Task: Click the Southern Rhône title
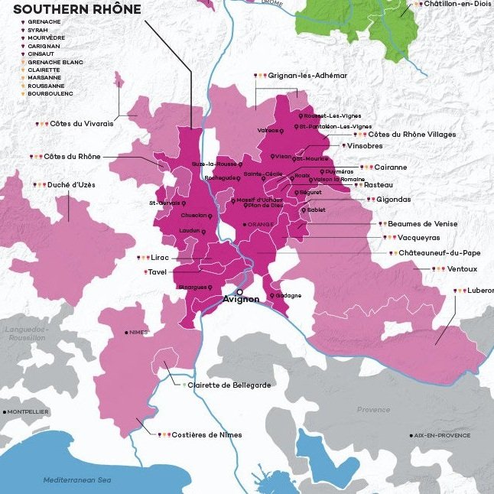click(x=73, y=9)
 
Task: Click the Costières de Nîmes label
click(x=207, y=434)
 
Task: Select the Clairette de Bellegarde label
click(x=229, y=385)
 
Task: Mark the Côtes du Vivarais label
click(x=81, y=123)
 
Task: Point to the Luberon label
click(x=480, y=291)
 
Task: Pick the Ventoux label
click(x=462, y=269)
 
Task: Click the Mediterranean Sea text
click(x=77, y=479)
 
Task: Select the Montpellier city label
click(x=29, y=411)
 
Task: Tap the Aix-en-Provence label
click(x=443, y=435)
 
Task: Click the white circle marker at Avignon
click(x=239, y=291)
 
